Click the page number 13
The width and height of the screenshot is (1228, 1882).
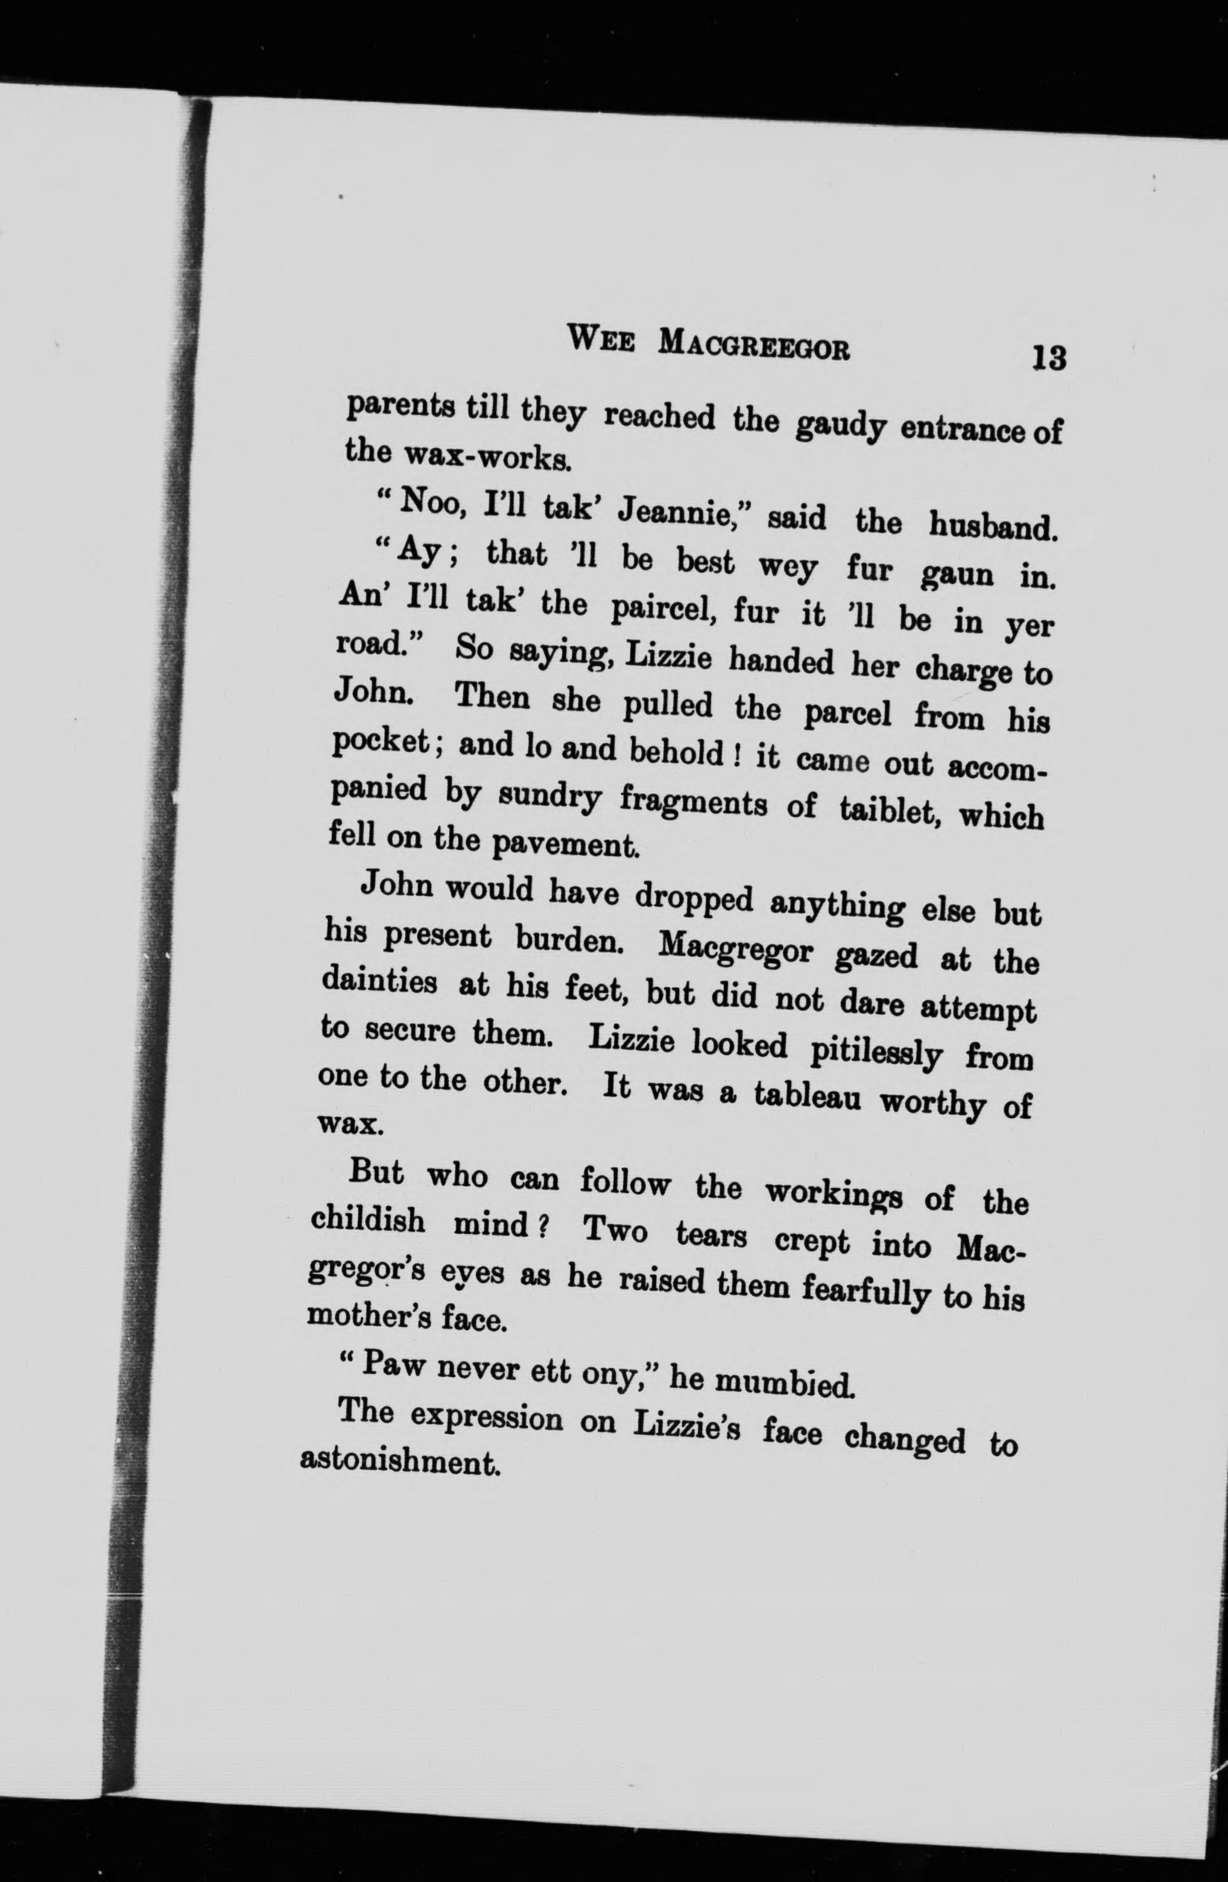1048,358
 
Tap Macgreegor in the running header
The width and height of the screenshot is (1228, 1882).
755,346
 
